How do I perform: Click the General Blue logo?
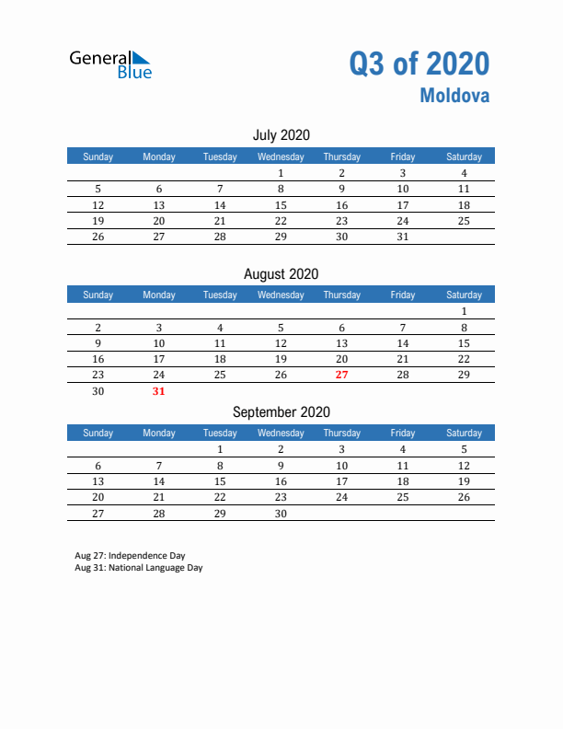coord(110,64)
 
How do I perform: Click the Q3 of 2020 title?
coord(419,64)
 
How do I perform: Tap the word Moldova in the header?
coord(455,95)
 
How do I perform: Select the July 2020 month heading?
coord(281,135)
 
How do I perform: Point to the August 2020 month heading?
coord(281,273)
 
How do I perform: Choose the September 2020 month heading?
coord(281,411)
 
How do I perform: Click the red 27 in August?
coord(342,375)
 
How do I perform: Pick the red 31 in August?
coord(159,391)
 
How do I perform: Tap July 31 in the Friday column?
coord(402,237)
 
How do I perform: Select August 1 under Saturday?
coord(464,311)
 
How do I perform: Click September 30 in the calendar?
coord(281,514)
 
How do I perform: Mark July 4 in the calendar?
coord(464,173)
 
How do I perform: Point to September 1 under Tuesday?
coord(220,450)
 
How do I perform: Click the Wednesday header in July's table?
coord(281,156)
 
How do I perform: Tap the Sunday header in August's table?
coord(98,295)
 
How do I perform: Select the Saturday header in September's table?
coord(464,433)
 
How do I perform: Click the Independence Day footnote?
coord(130,556)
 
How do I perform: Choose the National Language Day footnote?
coord(139,568)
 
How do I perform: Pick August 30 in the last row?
coord(98,391)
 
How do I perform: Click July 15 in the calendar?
coord(281,205)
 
